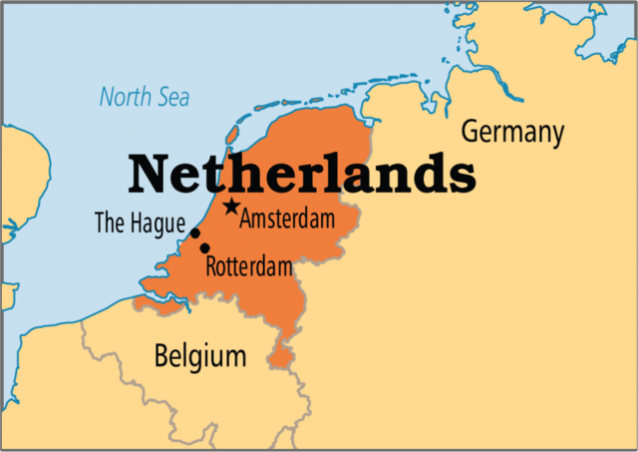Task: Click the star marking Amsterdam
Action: [231, 207]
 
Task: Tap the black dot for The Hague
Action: [195, 234]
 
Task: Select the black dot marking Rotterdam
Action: [205, 248]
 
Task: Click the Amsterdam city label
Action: [286, 219]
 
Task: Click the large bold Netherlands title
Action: [301, 174]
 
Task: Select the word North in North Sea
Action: [123, 98]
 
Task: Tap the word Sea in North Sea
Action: [171, 98]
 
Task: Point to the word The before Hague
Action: [109, 223]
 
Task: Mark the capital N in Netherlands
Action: [150, 174]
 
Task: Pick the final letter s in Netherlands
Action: [462, 176]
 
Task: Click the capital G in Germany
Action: [468, 132]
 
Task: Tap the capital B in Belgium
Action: [161, 355]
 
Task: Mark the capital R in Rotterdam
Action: [211, 266]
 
